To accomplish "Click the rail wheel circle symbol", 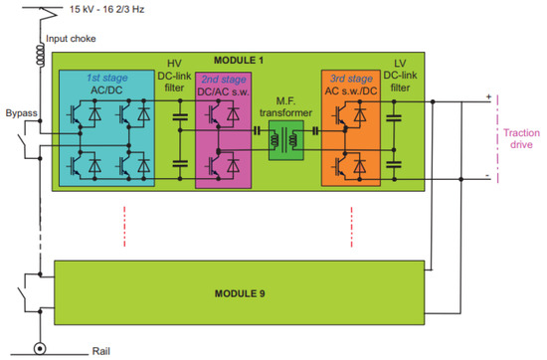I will pyautogui.click(x=41, y=349).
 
